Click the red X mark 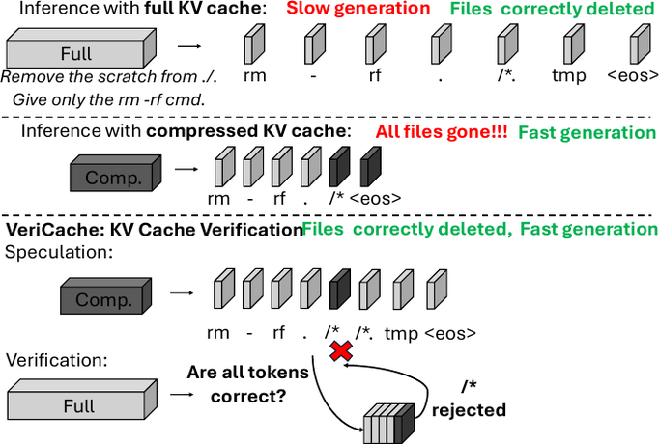point(341,350)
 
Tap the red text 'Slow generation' point(358,9)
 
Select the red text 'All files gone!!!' point(442,132)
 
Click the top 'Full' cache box point(81,48)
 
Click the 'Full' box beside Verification point(82,399)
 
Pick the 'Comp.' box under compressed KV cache point(116,173)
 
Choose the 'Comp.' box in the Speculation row point(106,296)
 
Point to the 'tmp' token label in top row point(568,76)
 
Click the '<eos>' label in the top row point(633,75)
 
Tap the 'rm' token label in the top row point(255,76)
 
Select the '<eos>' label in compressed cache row point(375,198)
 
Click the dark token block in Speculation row point(340,290)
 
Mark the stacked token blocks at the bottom point(388,424)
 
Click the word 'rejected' point(469,410)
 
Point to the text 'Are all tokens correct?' point(248,384)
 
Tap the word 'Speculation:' point(59,253)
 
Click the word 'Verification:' point(57,360)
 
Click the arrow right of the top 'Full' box point(189,45)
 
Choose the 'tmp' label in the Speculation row point(401,334)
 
